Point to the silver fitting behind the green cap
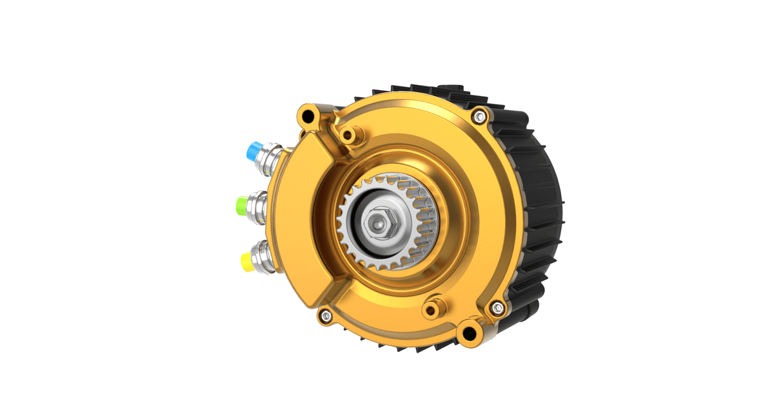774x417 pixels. tap(261, 207)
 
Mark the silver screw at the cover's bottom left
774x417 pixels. tap(326, 315)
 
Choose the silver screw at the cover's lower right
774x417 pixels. tap(497, 307)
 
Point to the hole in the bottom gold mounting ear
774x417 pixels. tap(469, 333)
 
